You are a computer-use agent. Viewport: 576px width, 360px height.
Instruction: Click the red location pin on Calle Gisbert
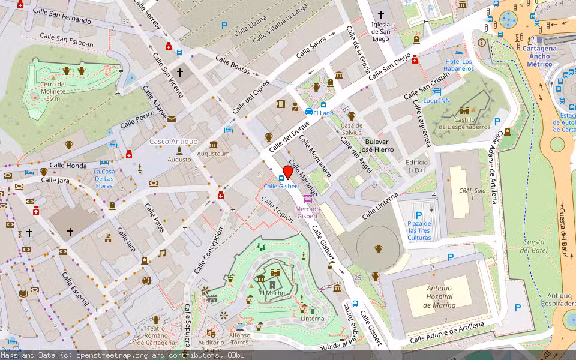(x=288, y=172)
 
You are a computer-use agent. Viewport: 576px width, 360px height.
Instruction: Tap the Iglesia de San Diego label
(x=380, y=31)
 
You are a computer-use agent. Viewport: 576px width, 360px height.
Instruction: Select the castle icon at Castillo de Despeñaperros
(x=464, y=110)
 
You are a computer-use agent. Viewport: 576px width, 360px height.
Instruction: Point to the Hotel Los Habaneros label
(x=458, y=65)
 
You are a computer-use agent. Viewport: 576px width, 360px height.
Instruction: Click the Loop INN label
(x=436, y=100)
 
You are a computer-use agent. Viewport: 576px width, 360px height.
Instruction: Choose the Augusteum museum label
(x=214, y=154)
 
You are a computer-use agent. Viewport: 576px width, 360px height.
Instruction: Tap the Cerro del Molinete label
(x=53, y=88)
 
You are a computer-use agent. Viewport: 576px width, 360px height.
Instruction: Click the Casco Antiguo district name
(x=173, y=141)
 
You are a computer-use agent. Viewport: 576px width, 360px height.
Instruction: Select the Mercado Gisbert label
(x=307, y=212)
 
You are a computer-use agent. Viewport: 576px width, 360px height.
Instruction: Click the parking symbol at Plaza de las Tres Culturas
(x=419, y=214)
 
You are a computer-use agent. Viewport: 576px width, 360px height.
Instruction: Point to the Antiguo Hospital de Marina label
(x=440, y=296)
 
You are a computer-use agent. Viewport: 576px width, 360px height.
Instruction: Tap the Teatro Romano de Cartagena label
(x=155, y=335)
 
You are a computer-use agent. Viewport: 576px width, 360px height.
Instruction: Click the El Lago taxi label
(x=322, y=113)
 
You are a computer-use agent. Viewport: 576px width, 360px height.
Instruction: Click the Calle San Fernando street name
(x=62, y=16)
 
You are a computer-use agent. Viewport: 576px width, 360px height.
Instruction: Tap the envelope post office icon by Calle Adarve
(x=172, y=119)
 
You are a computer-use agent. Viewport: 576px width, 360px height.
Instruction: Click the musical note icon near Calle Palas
(x=161, y=253)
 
